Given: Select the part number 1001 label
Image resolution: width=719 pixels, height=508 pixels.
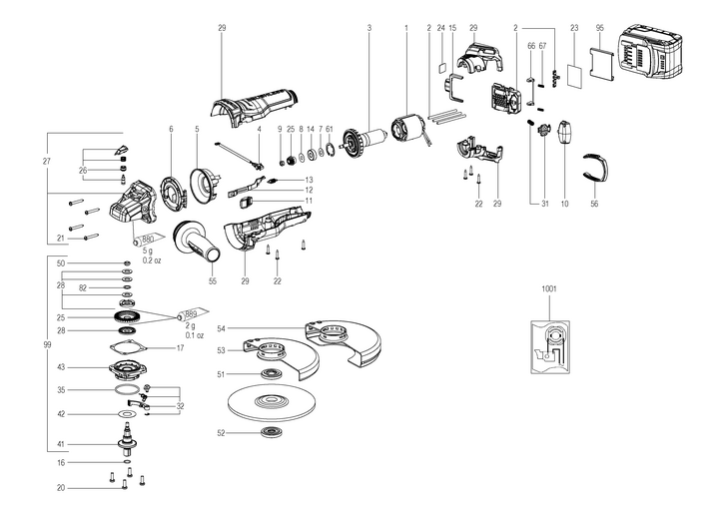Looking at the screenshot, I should point(548,288).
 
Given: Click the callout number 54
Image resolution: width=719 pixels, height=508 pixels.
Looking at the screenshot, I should point(222,327).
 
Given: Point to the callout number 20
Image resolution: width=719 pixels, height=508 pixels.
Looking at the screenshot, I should point(60,488).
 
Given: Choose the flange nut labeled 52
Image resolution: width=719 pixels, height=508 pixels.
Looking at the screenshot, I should point(270,432).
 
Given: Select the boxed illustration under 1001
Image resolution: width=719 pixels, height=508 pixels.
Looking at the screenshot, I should point(549,344).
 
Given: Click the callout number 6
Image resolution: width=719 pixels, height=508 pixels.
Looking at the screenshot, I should point(171,129).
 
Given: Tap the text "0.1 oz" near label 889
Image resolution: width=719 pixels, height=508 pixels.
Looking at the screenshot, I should point(193,335).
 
